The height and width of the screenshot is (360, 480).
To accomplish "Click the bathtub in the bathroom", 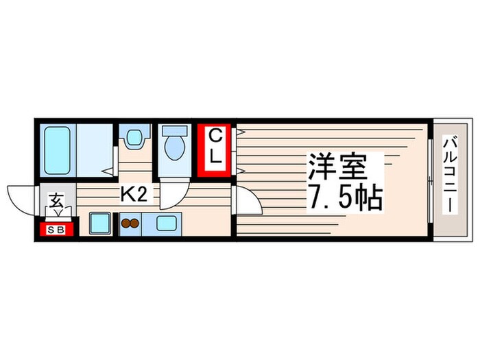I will tap(56, 149).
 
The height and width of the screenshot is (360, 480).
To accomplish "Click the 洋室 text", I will tap(344, 167).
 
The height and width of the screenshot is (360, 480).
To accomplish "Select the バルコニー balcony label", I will tap(450, 175).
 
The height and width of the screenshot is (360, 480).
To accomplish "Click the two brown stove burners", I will tap(130, 222).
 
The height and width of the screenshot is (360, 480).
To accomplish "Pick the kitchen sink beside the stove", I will tap(166, 222).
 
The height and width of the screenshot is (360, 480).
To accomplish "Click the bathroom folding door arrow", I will tap(108, 171).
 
